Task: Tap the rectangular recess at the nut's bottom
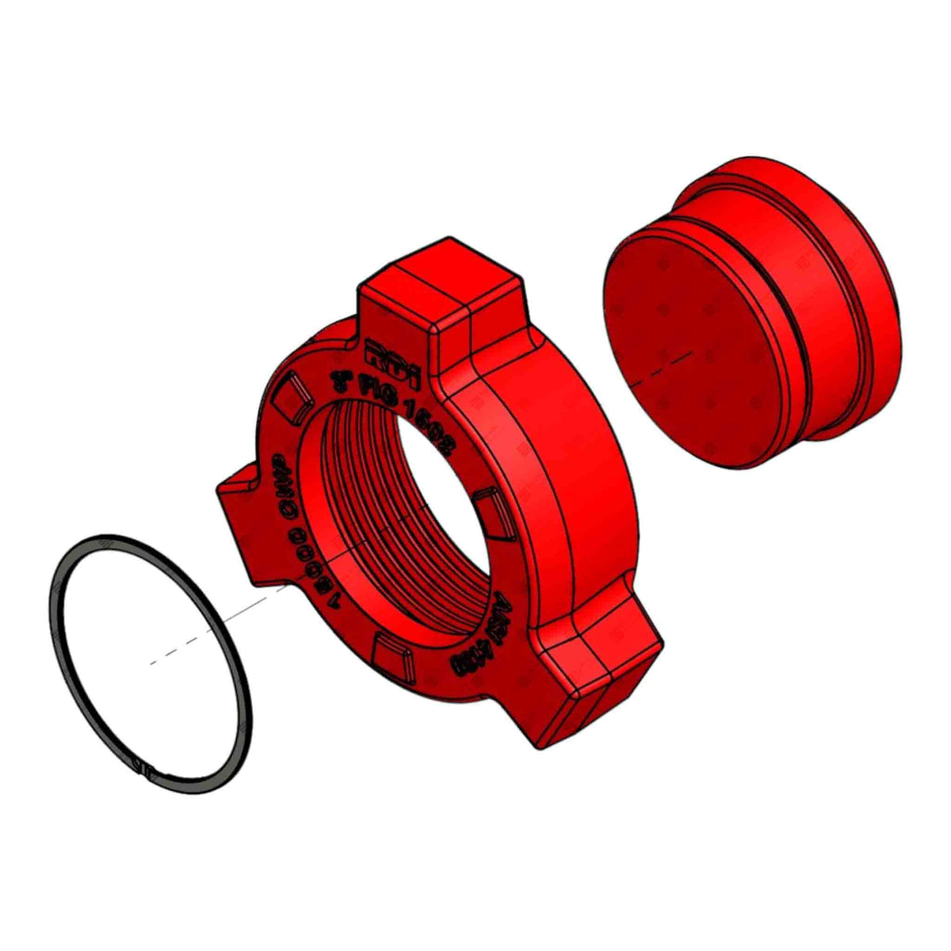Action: (392, 654)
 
